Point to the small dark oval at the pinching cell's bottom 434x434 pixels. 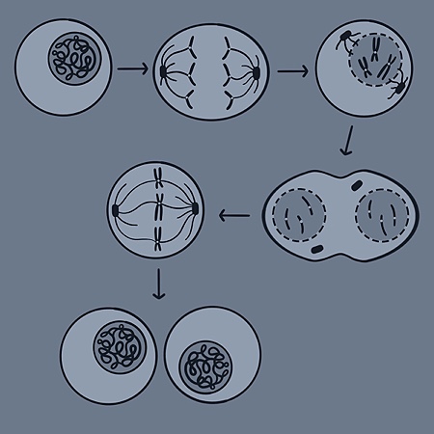point(318,253)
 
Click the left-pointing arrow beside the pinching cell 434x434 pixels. point(233,214)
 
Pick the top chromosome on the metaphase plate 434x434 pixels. point(156,177)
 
